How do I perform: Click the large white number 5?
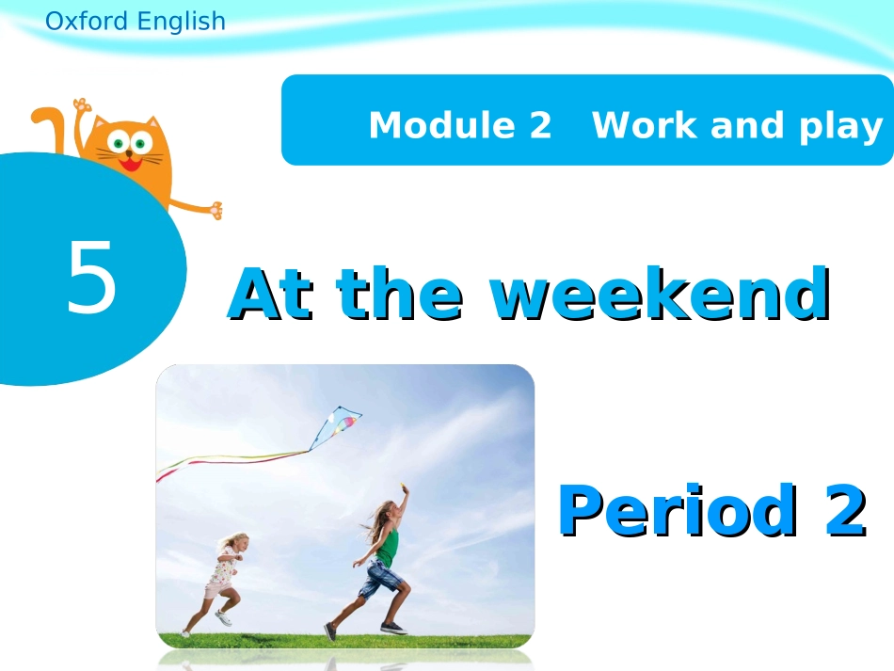(92, 278)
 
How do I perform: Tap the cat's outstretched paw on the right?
(216, 209)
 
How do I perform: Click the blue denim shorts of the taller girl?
(378, 578)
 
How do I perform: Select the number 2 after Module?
(539, 125)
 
